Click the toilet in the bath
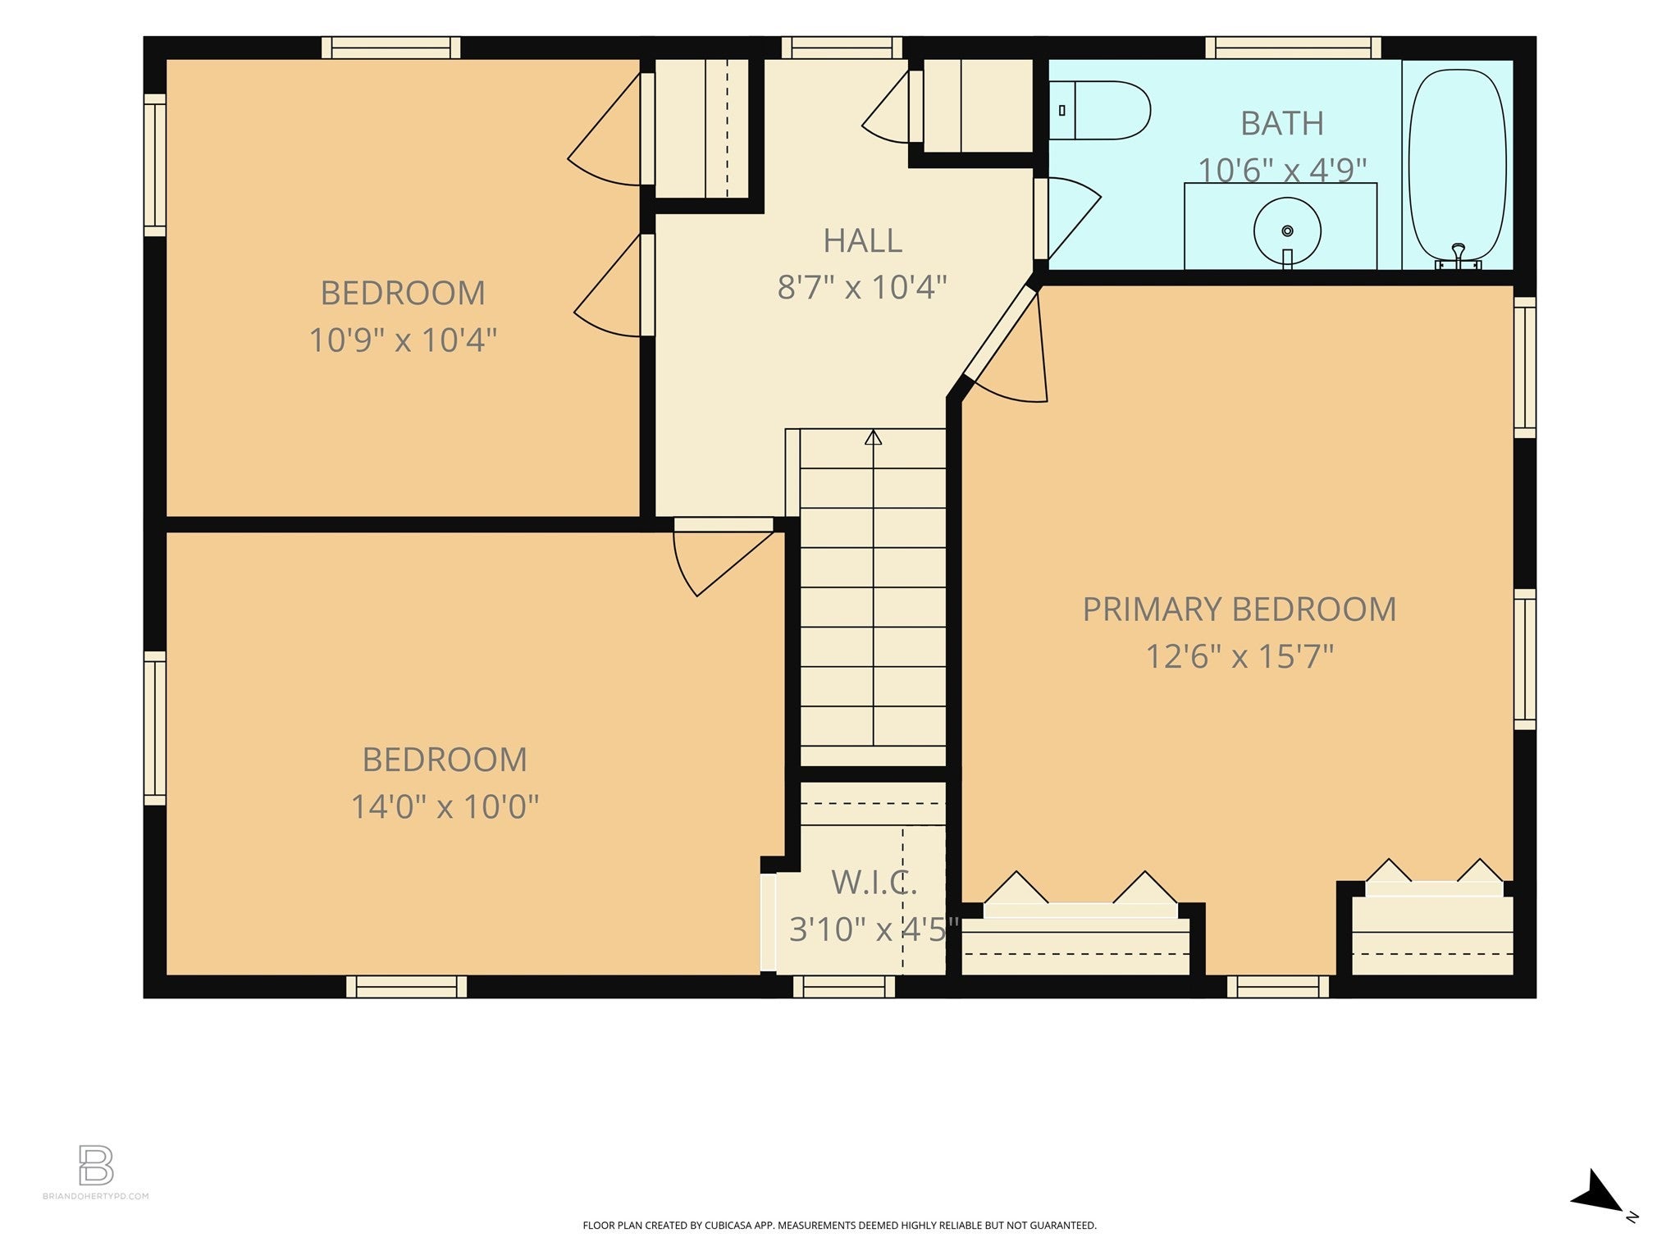1099,111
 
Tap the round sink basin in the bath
1287,231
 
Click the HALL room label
862,240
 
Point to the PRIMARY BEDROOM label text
1239,609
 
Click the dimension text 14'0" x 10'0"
445,806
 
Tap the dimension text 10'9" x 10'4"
403,340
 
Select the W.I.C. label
874,883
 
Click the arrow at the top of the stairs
873,437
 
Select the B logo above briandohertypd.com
96,1165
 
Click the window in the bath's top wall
1293,48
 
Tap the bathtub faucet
1458,255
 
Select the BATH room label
1281,124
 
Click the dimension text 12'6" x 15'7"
1239,656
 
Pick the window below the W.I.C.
844,986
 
